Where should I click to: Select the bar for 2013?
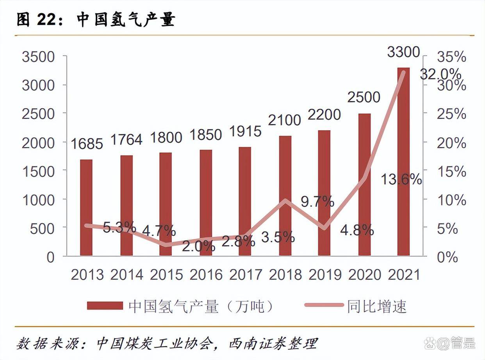(x=86, y=208)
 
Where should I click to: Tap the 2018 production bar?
(x=285, y=196)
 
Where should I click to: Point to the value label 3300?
(x=403, y=52)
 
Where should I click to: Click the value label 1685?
(x=87, y=144)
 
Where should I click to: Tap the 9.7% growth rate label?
(x=317, y=202)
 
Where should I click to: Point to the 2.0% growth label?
(x=198, y=246)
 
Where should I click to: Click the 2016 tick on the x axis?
(x=206, y=275)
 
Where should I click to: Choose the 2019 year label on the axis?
(x=325, y=275)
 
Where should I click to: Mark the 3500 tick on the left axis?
(x=38, y=57)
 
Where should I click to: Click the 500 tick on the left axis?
(x=43, y=229)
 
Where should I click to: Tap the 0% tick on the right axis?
(x=446, y=257)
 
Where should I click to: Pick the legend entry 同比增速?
(x=355, y=306)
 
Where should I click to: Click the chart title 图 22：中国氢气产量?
(x=96, y=20)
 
